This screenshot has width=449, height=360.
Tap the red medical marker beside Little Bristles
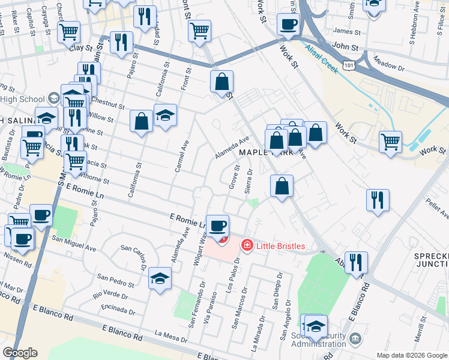(x=246, y=245)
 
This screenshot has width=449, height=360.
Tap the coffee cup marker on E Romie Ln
(x=218, y=226)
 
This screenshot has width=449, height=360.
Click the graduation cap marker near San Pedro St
(x=161, y=278)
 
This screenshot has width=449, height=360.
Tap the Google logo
(x=20, y=353)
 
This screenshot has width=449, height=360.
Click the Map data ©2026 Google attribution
(x=412, y=355)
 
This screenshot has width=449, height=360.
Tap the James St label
(x=346, y=31)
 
